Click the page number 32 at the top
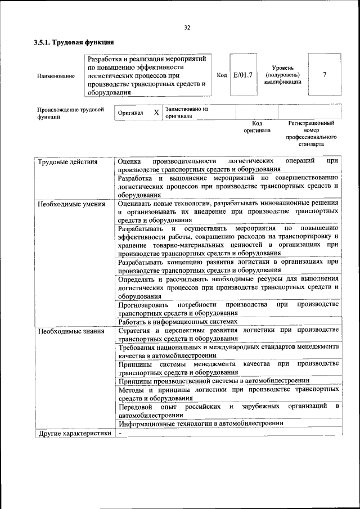coord(187,28)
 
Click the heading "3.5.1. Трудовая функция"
coord(74,42)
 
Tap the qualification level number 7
coord(325,75)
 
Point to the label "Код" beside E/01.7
coord(222,75)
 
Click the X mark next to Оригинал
coord(156,112)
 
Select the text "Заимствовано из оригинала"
coord(186,112)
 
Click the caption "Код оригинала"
coord(257,127)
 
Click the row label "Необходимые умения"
coord(71,204)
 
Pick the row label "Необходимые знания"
coord(71,331)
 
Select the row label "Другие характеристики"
coord(74,433)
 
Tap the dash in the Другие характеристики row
coord(120,433)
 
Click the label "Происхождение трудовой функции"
coord(71,114)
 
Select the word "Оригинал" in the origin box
coord(130,113)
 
